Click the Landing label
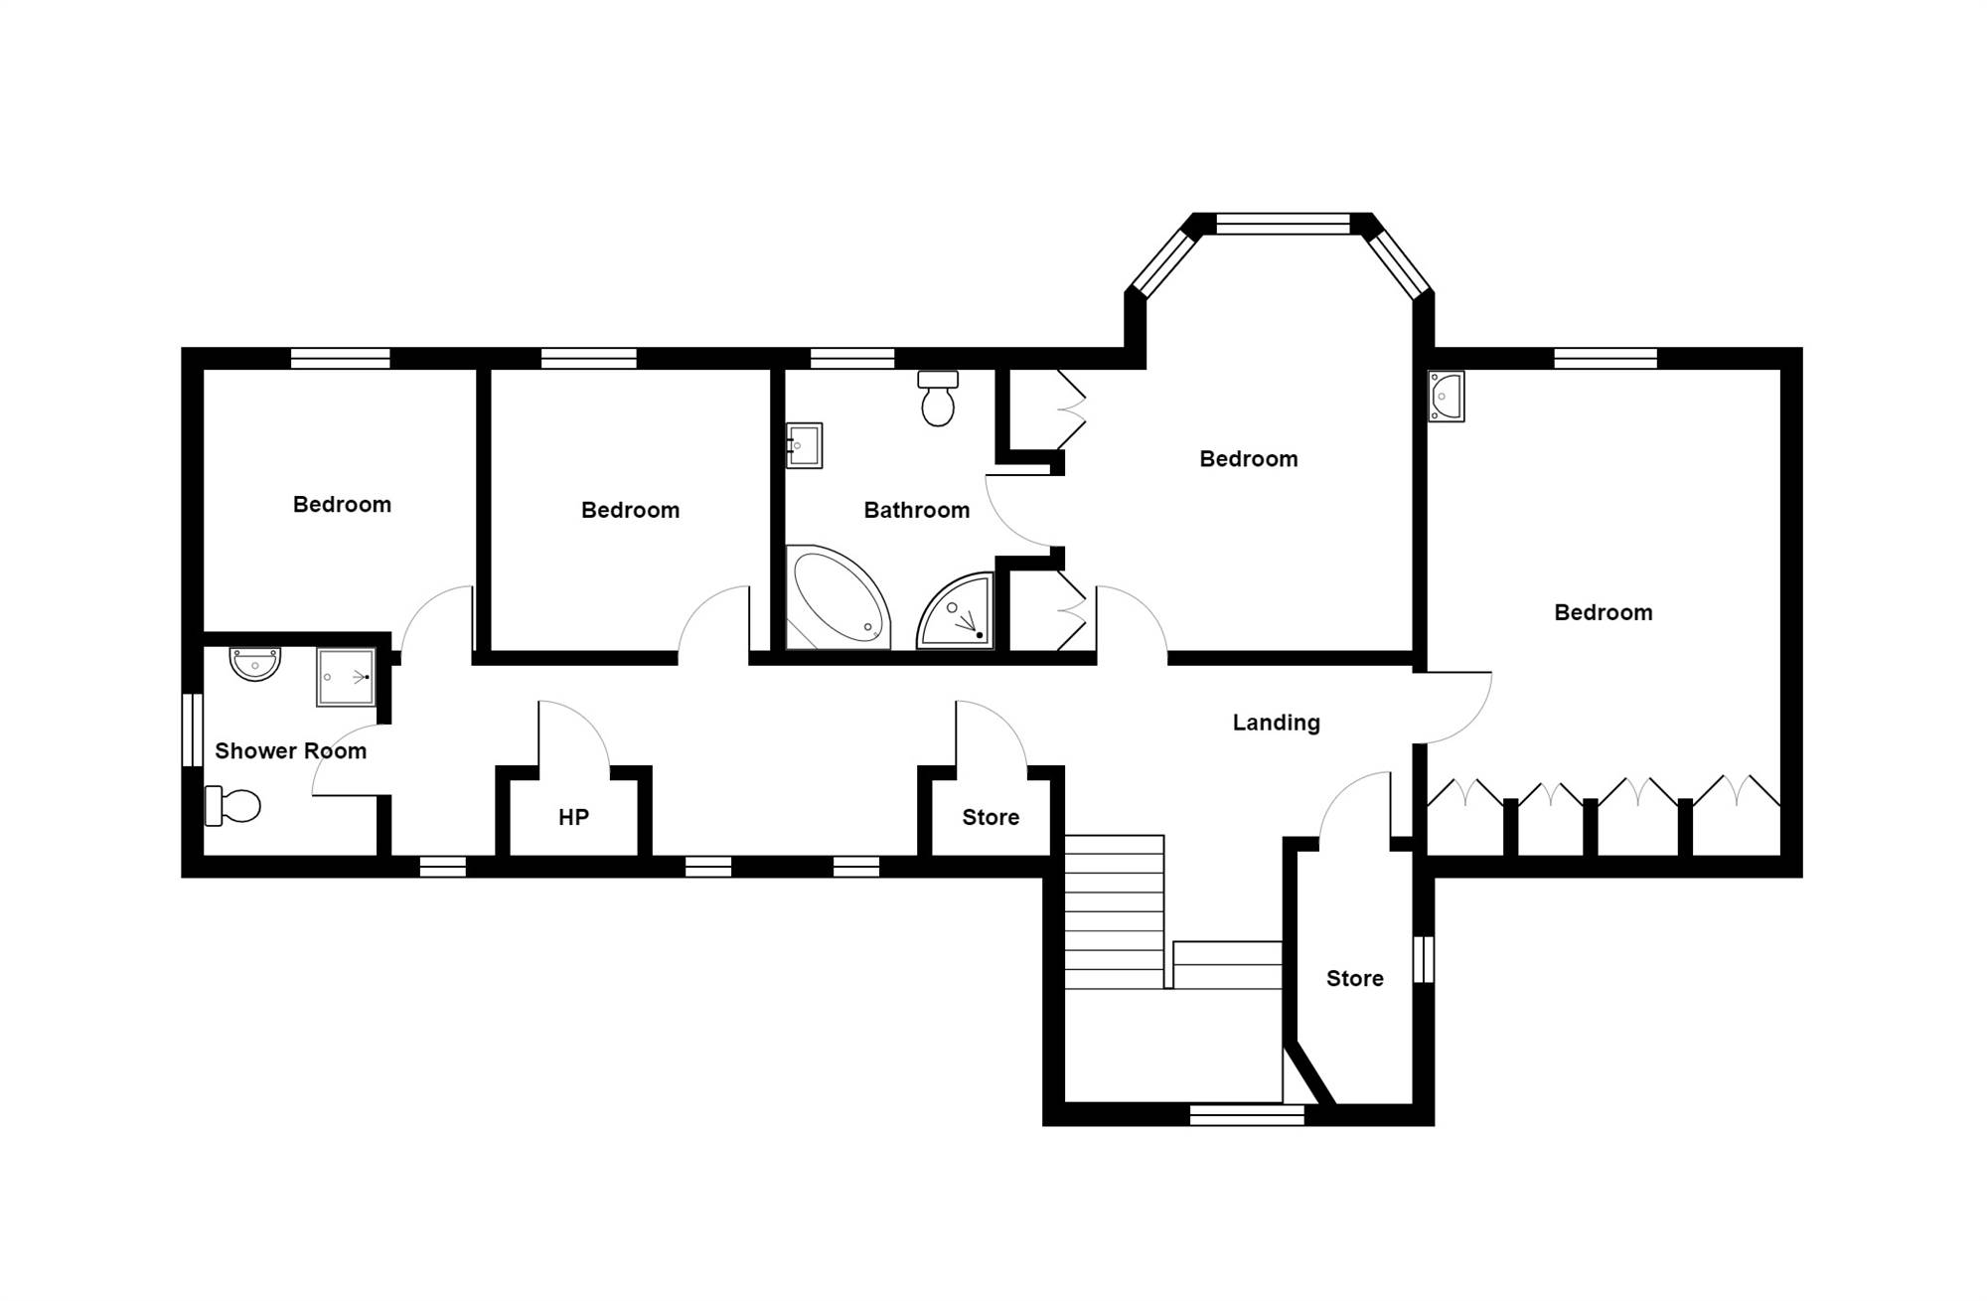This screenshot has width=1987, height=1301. (x=1276, y=723)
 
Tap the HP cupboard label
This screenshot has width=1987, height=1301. (x=573, y=817)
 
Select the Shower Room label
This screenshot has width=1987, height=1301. (x=290, y=750)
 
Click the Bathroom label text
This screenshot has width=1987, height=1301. (x=916, y=510)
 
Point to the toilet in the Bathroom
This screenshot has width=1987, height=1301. (x=938, y=398)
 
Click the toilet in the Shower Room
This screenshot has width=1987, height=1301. (x=232, y=805)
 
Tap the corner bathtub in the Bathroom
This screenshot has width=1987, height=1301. (x=838, y=596)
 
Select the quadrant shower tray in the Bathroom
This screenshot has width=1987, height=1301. (x=955, y=609)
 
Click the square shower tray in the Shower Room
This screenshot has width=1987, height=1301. (x=346, y=677)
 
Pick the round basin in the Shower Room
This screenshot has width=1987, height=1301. (x=255, y=663)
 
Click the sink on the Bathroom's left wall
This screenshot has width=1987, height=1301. (x=804, y=445)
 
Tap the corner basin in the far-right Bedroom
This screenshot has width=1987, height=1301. (x=1447, y=396)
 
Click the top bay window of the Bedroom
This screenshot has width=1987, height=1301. (x=1283, y=224)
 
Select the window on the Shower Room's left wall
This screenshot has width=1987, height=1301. (x=193, y=730)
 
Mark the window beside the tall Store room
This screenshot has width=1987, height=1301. (x=1424, y=959)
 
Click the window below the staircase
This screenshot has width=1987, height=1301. (x=1247, y=1115)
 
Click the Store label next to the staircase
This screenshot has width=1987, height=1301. (x=1354, y=978)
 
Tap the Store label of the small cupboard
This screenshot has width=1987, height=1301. (x=991, y=817)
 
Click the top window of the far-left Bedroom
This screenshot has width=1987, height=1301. (x=340, y=358)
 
